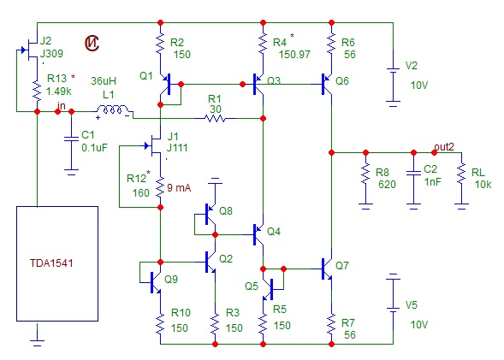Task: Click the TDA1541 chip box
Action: click(x=57, y=263)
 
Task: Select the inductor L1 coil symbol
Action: click(x=112, y=109)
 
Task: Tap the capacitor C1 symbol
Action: click(x=71, y=139)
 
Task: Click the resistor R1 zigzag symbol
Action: click(x=216, y=119)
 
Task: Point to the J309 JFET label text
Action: click(x=51, y=53)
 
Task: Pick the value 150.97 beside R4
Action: click(x=294, y=54)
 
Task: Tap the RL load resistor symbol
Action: click(x=461, y=174)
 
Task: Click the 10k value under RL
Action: click(x=483, y=185)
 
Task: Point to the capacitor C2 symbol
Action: click(x=413, y=174)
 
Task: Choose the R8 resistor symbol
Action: click(x=365, y=174)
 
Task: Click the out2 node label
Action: click(x=444, y=147)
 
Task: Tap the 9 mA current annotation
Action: click(x=179, y=187)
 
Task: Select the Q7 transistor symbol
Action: click(x=328, y=269)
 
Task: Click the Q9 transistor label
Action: click(x=171, y=279)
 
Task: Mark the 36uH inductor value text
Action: click(x=104, y=81)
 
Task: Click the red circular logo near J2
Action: click(x=92, y=43)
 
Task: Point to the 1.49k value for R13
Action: click(x=58, y=91)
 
